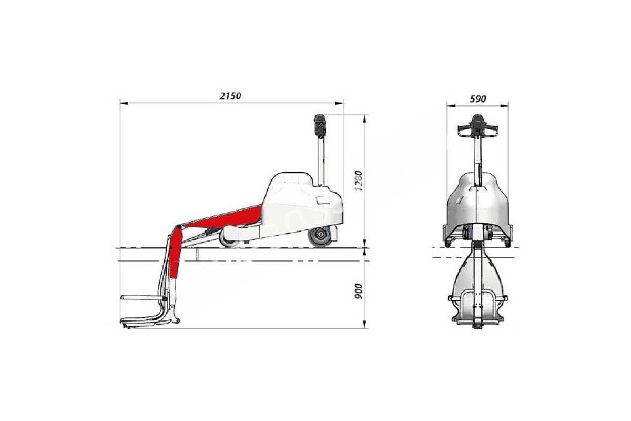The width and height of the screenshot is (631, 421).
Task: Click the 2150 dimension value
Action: (x=230, y=96)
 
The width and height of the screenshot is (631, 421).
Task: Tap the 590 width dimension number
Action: (x=478, y=99)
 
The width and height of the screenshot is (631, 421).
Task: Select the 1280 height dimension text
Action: (x=358, y=181)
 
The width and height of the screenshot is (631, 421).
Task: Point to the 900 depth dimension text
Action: (x=358, y=292)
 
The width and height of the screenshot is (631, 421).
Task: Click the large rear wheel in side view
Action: (x=320, y=237)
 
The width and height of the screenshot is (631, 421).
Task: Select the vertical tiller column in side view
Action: (x=321, y=162)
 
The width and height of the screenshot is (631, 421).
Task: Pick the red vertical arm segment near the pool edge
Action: (x=175, y=253)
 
